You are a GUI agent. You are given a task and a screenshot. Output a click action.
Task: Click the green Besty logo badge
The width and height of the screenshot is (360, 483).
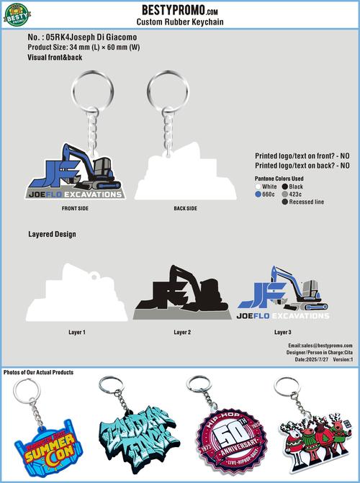click(18, 13)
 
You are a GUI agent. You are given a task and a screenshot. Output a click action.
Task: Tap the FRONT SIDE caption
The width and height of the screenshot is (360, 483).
click(75, 208)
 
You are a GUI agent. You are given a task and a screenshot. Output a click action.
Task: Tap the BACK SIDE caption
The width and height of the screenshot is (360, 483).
click(185, 208)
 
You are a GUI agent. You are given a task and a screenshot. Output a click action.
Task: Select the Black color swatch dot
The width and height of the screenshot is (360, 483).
click(285, 186)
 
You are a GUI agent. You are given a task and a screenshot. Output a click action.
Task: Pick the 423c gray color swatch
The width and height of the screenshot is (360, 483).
click(285, 194)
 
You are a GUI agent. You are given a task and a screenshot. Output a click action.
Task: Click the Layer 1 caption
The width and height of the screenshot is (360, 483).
click(77, 333)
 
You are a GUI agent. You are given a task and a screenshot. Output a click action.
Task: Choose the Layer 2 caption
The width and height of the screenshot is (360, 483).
click(182, 333)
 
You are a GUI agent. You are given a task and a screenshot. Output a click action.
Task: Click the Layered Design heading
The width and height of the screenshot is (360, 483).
click(52, 234)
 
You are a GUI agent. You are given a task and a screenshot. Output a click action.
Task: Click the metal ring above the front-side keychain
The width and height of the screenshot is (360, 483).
click(73, 89)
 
